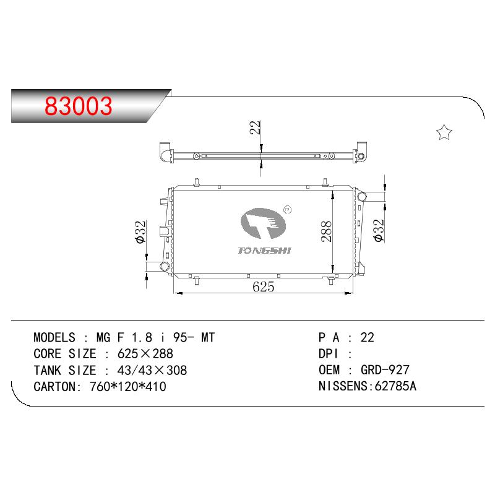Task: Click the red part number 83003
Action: pyautogui.click(x=79, y=106)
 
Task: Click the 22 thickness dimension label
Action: pyautogui.click(x=255, y=127)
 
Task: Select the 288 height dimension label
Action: pyautogui.click(x=327, y=231)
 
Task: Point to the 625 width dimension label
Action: pyautogui.click(x=264, y=286)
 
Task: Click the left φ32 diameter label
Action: pyautogui.click(x=140, y=232)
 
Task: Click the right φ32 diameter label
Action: pyautogui.click(x=379, y=231)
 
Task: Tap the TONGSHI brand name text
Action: pyautogui.click(x=264, y=251)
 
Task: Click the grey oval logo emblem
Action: pyautogui.click(x=263, y=223)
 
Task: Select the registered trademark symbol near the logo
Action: pyautogui.click(x=288, y=209)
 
